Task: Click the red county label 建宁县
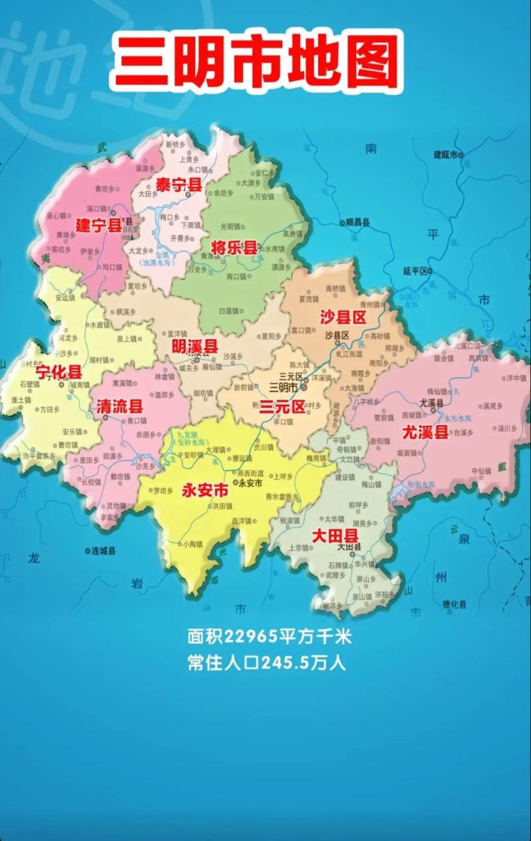pos(98,224)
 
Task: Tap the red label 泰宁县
pos(179,185)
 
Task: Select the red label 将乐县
pos(234,248)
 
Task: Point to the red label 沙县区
pos(343,317)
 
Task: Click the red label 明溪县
pos(194,346)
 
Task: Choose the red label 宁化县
pos(58,371)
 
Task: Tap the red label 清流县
pos(119,407)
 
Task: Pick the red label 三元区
pos(282,406)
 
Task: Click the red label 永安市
pos(204,491)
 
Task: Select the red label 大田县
pos(335,535)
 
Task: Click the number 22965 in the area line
pos(250,637)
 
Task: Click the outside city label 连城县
pos(104,550)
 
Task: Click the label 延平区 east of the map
pos(416,271)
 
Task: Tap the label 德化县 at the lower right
pos(455,604)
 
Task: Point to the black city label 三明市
pos(283,386)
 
